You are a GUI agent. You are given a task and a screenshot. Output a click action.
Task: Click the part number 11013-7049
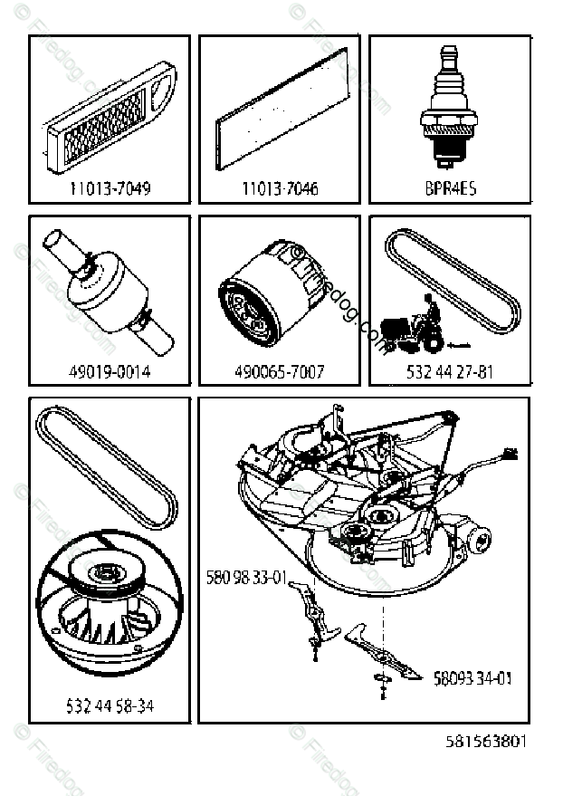coord(110,189)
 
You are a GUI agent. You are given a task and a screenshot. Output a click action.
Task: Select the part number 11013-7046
coord(279,189)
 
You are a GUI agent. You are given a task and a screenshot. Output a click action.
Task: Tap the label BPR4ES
coord(450,189)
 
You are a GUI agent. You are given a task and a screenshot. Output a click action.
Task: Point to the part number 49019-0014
coord(110,371)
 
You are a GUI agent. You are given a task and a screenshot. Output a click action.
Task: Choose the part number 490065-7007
coord(279,371)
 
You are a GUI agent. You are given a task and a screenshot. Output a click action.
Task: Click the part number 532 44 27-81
coord(450,371)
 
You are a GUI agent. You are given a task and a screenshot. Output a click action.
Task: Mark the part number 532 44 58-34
coord(110,705)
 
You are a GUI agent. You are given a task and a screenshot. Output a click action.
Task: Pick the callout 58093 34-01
coord(472,676)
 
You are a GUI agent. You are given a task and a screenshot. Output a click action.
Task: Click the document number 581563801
coord(485,741)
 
